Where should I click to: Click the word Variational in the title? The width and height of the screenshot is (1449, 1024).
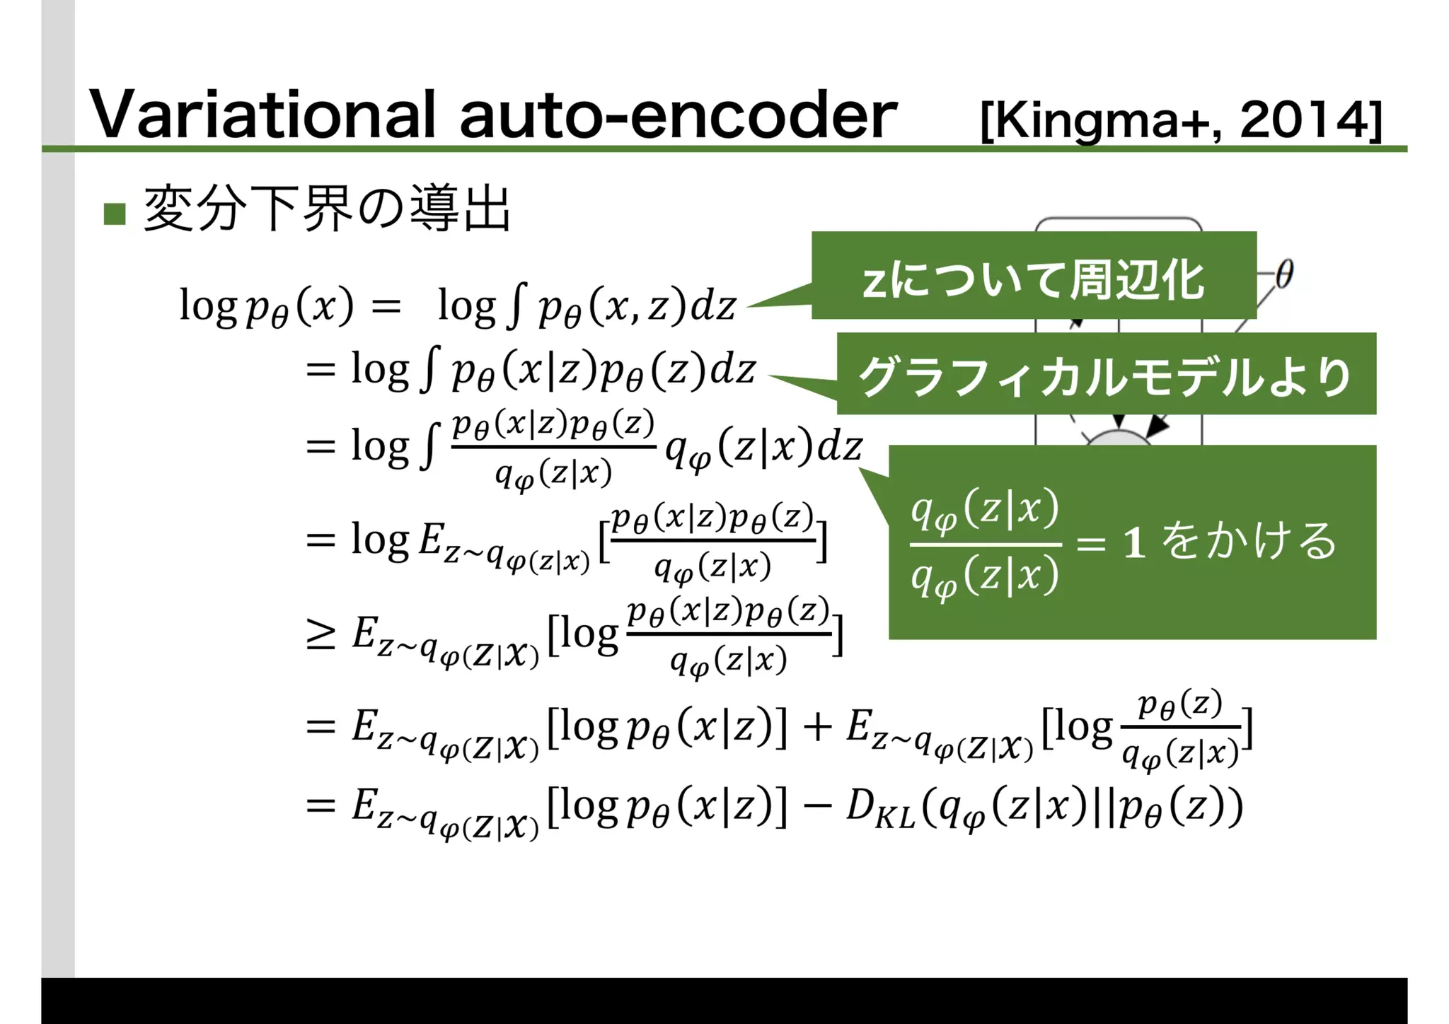tap(262, 115)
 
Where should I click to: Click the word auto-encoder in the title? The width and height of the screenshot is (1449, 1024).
tap(678, 115)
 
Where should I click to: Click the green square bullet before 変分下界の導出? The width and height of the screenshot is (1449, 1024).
tap(115, 214)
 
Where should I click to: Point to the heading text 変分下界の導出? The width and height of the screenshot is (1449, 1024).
tap(327, 209)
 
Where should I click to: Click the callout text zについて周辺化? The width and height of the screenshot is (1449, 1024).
tap(1033, 279)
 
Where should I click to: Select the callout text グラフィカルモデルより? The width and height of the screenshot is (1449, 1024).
tap(1105, 376)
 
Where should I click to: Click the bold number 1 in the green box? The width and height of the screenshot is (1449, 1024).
tap(1134, 543)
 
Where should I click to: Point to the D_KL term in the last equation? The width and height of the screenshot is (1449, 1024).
tap(879, 808)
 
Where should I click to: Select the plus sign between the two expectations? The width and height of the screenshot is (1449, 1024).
tap(817, 727)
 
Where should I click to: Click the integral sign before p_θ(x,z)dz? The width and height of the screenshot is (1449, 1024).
tap(517, 306)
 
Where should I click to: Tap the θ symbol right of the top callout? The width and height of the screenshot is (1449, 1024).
tap(1284, 274)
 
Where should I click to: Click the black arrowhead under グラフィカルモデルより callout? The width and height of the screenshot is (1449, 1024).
tap(1157, 425)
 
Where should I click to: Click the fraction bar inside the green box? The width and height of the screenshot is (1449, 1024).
tap(985, 545)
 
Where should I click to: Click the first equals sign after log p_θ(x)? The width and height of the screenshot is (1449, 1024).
tap(386, 306)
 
